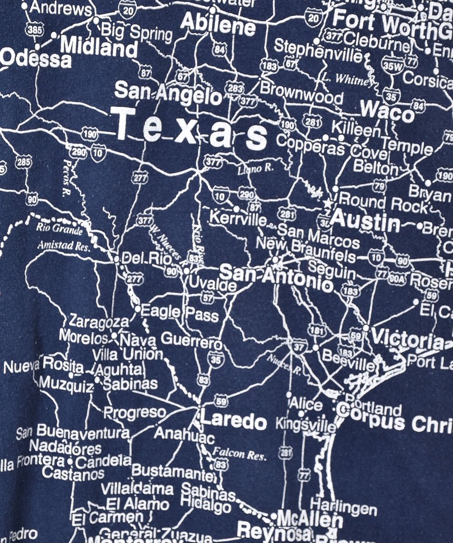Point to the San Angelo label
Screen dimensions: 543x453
pyautogui.click(x=168, y=93)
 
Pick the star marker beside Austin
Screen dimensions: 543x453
pyautogui.click(x=327, y=203)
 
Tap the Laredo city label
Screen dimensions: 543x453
pyautogui.click(x=233, y=421)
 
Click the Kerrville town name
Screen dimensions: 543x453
pyautogui.click(x=238, y=220)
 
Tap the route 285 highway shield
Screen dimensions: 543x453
pyautogui.click(x=24, y=162)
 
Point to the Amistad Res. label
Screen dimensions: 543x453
pyautogui.click(x=64, y=247)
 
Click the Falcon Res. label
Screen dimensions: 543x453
pyautogui.click(x=239, y=453)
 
